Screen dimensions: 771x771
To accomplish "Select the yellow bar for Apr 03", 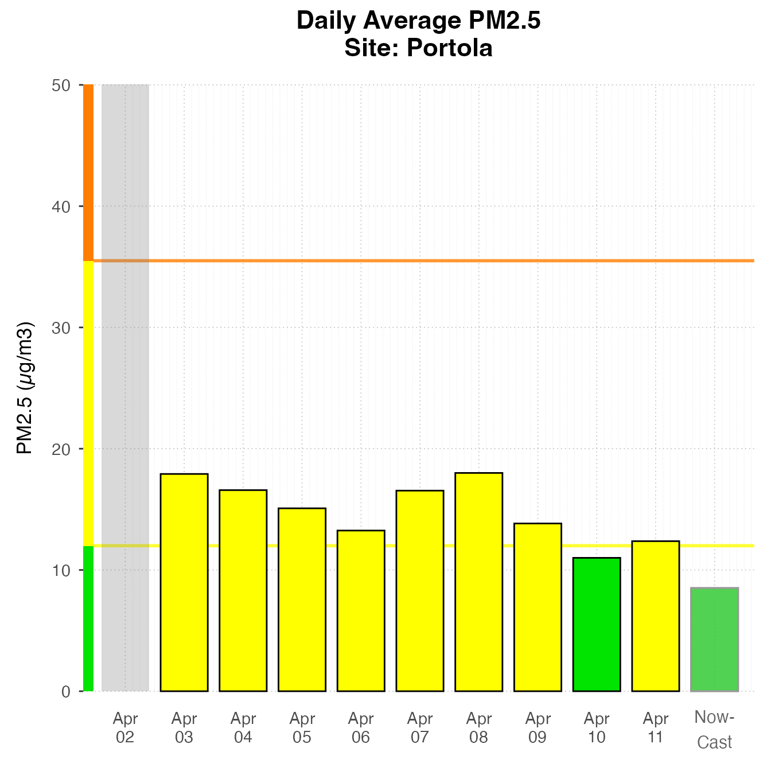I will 184,582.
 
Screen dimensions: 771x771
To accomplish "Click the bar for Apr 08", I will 478,582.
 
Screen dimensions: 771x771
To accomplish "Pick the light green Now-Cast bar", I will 714,639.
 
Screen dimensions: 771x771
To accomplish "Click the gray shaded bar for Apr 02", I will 125,388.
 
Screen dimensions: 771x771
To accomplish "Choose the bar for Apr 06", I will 361,610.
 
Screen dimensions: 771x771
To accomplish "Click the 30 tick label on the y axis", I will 61,328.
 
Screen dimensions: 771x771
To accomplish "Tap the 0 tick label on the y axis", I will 66,691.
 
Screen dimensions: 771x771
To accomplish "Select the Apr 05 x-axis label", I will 302,727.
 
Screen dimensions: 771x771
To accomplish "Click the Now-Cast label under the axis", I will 714,729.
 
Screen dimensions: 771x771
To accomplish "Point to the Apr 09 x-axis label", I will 538,727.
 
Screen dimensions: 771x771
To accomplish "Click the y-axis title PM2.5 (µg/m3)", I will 25,388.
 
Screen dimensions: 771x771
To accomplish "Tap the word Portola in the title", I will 449,48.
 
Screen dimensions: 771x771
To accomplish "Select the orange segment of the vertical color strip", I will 88,172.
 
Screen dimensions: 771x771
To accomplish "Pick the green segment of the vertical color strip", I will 88,618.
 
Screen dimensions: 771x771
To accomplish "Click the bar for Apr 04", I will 243,590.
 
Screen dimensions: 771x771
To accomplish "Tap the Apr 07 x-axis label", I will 420,727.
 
